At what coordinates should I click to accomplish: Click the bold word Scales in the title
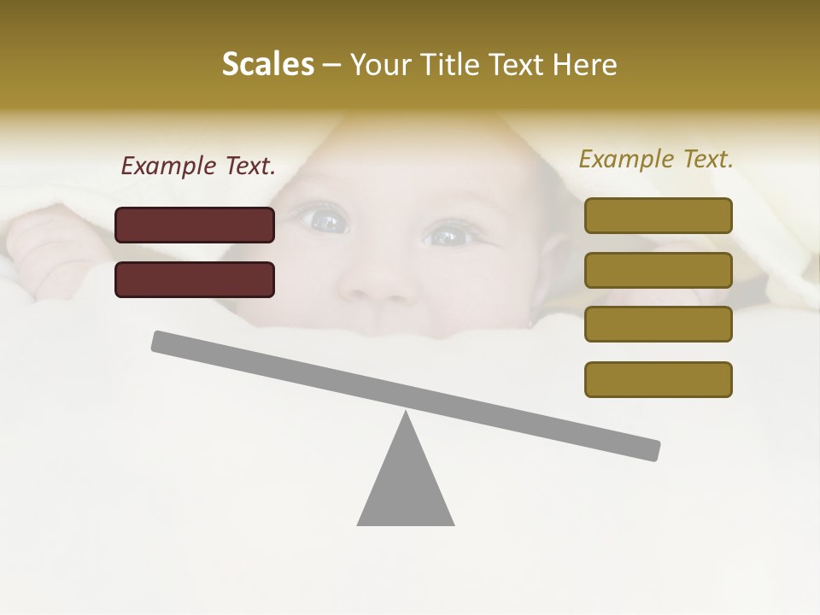pos(267,64)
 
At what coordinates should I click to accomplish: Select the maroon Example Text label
pos(198,166)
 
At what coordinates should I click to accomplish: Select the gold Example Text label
pos(656,159)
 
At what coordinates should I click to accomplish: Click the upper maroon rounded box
pos(195,225)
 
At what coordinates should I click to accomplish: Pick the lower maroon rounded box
pos(195,279)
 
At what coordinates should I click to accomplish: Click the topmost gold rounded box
pos(658,215)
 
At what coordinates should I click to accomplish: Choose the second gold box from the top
pos(658,270)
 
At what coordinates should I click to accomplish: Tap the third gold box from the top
pos(658,324)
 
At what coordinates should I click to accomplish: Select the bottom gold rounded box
pos(658,379)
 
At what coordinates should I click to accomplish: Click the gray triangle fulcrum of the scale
pos(406,487)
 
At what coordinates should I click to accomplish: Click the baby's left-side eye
pos(325,221)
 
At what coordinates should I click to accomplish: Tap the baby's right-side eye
pos(447,234)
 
